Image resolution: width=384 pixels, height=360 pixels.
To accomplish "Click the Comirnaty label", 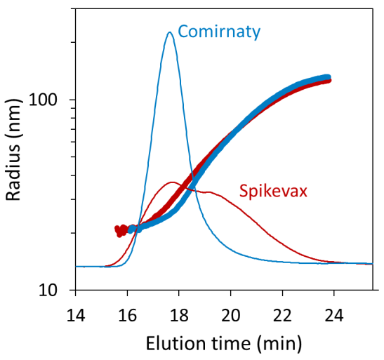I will tap(219, 32).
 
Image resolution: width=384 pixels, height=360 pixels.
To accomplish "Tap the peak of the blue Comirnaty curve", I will tap(169, 32).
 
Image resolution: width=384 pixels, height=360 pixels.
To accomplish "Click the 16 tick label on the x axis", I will tap(127, 312).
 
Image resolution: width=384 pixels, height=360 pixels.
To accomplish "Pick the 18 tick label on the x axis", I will tap(179, 312).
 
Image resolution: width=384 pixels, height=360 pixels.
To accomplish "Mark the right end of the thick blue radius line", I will tap(327, 77).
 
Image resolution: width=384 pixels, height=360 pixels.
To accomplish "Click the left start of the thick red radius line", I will tap(118, 229).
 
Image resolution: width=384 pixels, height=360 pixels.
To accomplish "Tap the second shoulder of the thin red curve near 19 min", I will tap(208, 191).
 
